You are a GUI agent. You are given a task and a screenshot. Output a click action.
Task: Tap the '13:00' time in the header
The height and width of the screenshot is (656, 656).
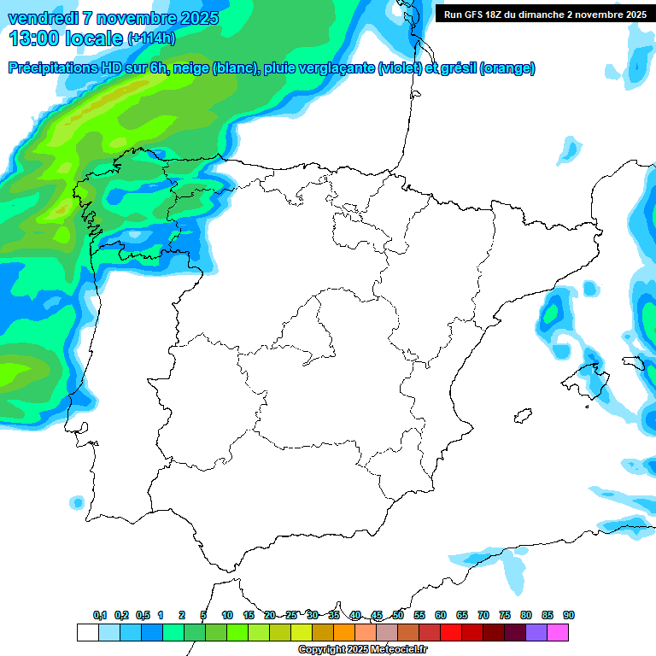33,38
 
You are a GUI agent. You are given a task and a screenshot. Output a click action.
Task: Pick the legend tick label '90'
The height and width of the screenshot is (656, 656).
569,615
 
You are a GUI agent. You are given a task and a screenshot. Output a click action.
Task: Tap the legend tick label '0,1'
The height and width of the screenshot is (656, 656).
100,615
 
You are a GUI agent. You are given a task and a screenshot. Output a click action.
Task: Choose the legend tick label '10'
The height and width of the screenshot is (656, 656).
227,615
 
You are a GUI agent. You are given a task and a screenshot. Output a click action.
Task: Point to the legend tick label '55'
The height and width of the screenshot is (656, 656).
419,615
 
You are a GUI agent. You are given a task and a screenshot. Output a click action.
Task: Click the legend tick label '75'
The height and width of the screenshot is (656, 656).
505,615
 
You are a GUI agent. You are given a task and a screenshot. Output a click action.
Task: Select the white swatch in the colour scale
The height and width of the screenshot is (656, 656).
87,632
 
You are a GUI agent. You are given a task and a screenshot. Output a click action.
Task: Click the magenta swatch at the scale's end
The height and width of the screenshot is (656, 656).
558,632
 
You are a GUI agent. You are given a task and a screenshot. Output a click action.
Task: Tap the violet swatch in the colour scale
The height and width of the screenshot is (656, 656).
536,632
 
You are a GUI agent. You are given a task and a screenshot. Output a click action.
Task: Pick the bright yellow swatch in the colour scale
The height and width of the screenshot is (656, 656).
302,632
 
